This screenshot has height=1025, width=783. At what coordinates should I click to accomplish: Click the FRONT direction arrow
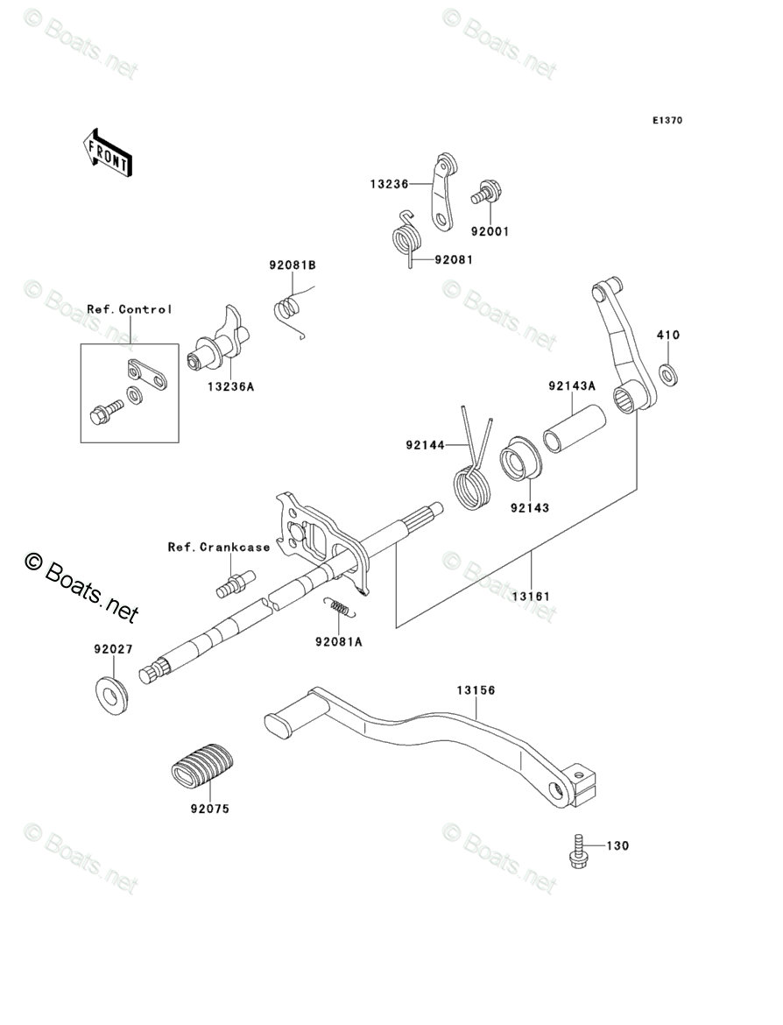pos(108,153)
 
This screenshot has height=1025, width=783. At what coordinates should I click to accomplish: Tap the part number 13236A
pos(230,387)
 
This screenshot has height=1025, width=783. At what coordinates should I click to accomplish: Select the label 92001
pos(490,231)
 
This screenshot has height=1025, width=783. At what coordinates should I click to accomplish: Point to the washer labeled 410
pos(668,375)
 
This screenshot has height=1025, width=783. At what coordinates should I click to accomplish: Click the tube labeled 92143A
pos(575,428)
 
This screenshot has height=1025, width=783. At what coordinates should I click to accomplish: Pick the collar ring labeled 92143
pos(520,458)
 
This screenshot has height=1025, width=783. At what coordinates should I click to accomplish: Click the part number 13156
pos(476,690)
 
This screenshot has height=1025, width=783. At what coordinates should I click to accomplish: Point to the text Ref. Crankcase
pos(219,548)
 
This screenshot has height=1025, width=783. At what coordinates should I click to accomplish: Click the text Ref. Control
pos(130,309)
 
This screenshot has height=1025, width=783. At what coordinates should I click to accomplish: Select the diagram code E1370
pos(667,120)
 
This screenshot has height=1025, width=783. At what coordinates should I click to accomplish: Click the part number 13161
pos(532,597)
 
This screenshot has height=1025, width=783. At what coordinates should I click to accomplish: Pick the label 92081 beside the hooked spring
pos(454,259)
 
